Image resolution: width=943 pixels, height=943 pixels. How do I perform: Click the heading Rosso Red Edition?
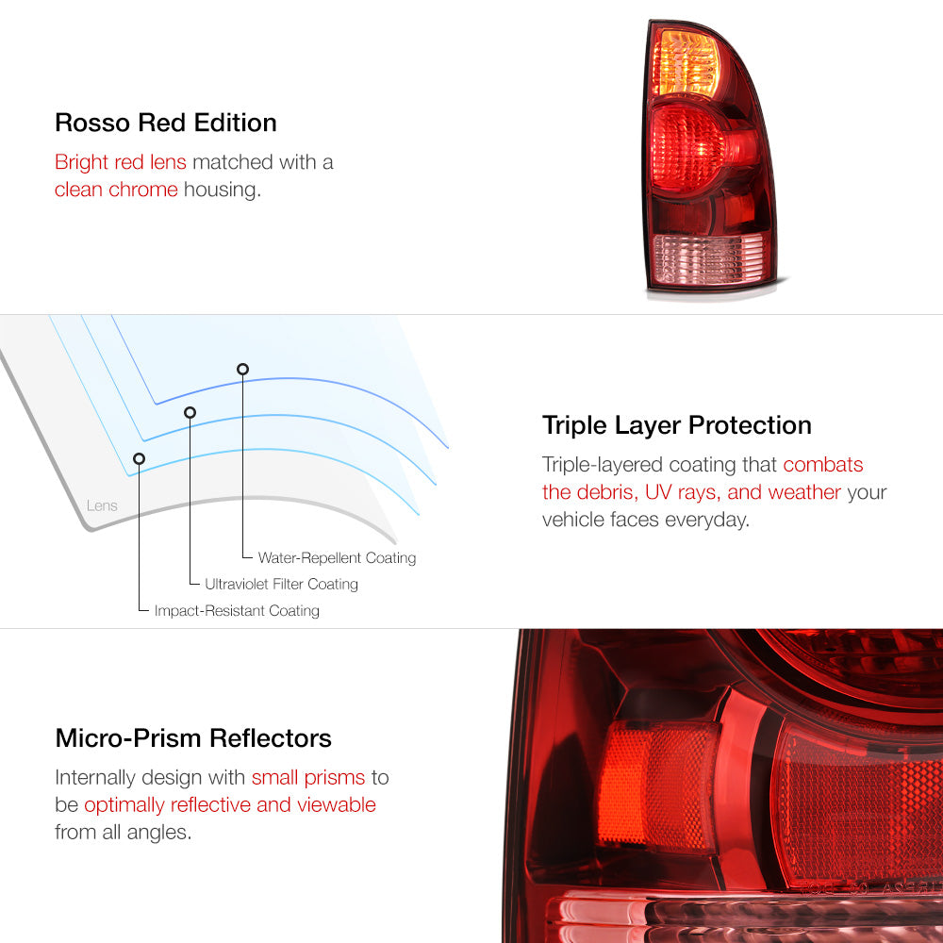tap(165, 123)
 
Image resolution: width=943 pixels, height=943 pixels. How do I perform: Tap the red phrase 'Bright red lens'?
tap(121, 162)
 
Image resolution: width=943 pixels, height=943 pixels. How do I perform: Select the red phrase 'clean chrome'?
tap(116, 190)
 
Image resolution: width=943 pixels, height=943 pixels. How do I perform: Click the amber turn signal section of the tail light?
tap(686, 62)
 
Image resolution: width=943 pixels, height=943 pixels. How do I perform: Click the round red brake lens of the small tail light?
tap(688, 147)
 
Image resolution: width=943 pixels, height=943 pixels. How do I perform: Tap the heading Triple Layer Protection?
tap(676, 425)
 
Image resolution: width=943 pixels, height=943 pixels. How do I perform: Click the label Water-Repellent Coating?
tap(337, 557)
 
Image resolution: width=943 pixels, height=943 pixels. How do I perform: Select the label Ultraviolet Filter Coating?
tap(281, 584)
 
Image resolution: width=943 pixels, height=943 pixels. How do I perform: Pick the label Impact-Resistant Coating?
tap(237, 610)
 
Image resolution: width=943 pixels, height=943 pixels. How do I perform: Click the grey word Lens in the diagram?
tap(102, 505)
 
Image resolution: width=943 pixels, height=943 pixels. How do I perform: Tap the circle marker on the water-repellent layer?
tap(242, 370)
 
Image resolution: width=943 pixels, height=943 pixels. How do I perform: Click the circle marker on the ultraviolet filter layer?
tap(190, 413)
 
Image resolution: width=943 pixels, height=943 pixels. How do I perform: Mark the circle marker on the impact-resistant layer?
tap(139, 459)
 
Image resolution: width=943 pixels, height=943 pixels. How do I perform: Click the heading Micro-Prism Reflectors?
tap(193, 738)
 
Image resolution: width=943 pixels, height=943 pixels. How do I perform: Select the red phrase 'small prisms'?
tap(308, 778)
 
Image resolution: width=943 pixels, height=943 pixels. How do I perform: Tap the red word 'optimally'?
tap(124, 804)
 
